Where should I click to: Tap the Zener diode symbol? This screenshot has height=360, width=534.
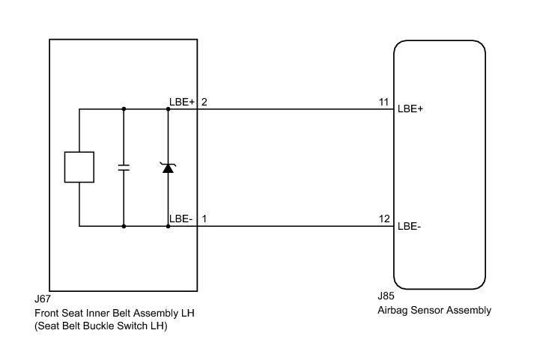click(168, 167)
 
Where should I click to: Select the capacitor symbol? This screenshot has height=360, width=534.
click(124, 167)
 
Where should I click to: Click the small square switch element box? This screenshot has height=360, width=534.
click(79, 167)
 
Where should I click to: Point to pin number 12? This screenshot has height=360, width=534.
click(385, 219)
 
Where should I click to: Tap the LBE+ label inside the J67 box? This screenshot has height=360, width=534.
click(181, 102)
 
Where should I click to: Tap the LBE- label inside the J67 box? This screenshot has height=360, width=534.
click(180, 219)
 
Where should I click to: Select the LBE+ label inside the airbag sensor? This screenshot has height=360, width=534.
click(410, 109)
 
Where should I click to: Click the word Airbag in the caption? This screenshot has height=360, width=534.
click(395, 311)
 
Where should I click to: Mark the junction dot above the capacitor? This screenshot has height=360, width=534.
click(124, 109)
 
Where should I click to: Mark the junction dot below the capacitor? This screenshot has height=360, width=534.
click(124, 225)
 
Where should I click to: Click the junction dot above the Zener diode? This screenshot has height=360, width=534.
click(168, 109)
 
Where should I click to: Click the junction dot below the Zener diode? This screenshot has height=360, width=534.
click(168, 225)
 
